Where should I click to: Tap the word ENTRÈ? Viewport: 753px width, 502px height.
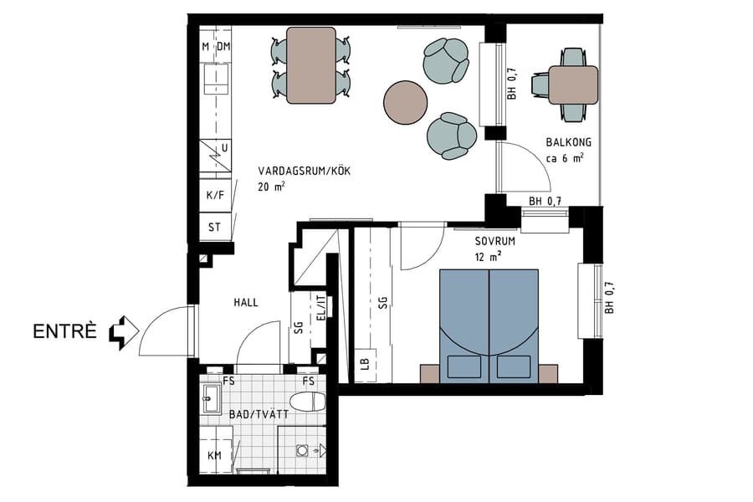68,332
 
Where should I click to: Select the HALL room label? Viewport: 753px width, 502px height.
247,303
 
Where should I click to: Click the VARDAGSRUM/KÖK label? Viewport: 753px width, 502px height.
304,172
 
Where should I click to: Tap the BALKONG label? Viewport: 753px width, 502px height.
565,142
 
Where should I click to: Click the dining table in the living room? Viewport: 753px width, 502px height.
310,65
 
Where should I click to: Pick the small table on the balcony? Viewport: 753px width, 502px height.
573,84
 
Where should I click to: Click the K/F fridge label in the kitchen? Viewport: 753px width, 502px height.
215,195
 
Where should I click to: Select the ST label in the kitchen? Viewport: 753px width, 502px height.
214,227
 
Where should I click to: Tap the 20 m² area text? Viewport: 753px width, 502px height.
272,187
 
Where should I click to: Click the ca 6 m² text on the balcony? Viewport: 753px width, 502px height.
565,157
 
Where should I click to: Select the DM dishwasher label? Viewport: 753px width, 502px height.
223,47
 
